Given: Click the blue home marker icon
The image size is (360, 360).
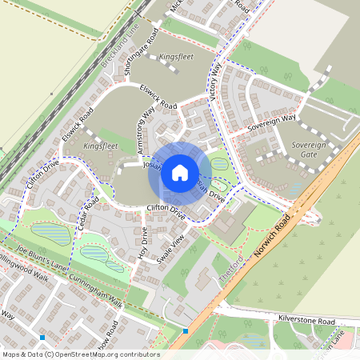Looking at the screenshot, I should (180, 172).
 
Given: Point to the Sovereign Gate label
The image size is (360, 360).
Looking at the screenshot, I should (309, 150).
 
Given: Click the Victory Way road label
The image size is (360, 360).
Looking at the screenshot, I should (214, 81).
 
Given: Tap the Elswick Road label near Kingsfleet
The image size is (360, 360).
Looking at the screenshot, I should (158, 96).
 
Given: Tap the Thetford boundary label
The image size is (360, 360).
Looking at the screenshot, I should (230, 269).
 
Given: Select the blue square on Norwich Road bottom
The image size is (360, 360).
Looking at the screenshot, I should (186, 330).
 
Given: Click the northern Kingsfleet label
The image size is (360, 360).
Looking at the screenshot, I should (175, 58).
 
